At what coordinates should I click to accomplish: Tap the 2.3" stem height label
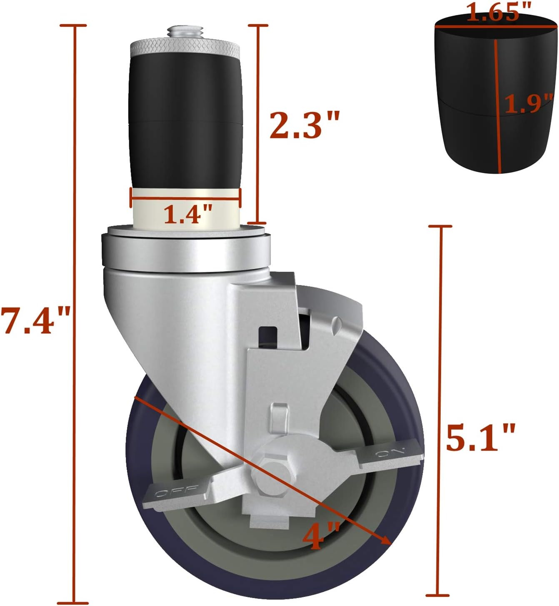point(304,125)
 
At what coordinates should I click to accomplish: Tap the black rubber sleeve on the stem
point(185,125)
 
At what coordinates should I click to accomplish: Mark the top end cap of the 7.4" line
point(74,26)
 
